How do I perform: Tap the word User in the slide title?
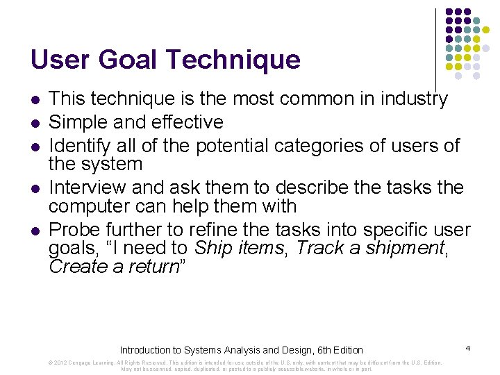61,60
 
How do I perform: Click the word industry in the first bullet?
410,99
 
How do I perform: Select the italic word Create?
78,267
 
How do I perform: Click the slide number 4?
468,347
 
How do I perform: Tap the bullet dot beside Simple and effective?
35,123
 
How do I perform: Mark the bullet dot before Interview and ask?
35,189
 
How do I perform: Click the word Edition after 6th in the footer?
345,350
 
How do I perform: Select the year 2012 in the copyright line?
60,362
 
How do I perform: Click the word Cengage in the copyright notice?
82,362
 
